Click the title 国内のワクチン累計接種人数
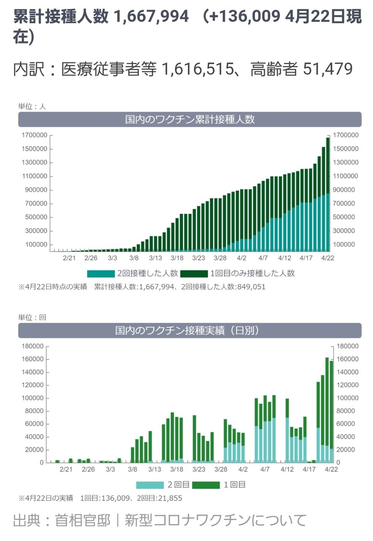coord(190,120)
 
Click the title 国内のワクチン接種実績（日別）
coord(190,331)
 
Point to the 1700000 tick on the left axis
coord(33,135)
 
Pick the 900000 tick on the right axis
coord(346,190)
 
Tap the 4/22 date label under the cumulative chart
coord(327,257)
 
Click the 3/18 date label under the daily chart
coord(177,469)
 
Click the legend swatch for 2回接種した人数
coord(101,273)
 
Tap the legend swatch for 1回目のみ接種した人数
coord(194,273)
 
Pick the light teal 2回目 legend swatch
coord(150,485)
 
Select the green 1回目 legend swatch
coord(206,485)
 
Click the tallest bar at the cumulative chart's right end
coord(328,194)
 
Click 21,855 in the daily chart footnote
coord(168,498)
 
